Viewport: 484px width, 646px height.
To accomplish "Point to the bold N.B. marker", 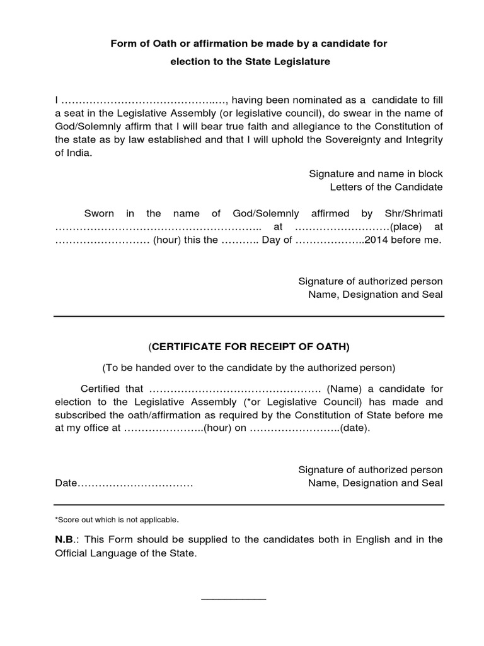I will click(67, 539).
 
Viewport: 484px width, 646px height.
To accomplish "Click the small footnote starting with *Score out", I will click(117, 520).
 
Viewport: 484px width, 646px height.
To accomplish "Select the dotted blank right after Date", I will click(135, 484).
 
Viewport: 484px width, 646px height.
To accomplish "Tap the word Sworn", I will click(99, 214).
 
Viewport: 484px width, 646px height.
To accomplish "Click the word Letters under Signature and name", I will click(350, 187).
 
